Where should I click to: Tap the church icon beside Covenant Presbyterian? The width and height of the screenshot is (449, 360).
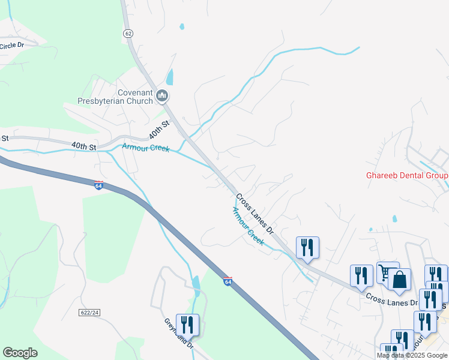point(161,95)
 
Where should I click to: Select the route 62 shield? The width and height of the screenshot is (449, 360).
point(128,34)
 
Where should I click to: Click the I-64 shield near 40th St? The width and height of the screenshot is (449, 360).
point(98,185)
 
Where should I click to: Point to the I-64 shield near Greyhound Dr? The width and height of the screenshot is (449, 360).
point(228,281)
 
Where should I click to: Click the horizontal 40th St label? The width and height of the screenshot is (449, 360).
point(83,146)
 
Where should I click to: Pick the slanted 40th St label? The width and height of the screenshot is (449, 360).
point(160,130)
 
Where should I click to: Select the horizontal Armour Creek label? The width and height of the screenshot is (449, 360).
point(145,148)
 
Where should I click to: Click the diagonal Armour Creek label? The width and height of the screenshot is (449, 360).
point(248,225)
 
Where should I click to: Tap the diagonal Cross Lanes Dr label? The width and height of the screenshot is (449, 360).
point(255,214)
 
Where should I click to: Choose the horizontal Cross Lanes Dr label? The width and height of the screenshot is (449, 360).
point(391,299)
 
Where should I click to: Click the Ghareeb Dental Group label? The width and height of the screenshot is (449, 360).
point(407,176)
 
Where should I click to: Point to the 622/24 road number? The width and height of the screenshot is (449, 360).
point(88,313)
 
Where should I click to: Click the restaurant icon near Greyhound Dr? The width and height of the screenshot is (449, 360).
point(187,325)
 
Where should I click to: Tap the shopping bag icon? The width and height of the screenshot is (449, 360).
point(399,279)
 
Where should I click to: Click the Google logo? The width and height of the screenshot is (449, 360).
point(20,353)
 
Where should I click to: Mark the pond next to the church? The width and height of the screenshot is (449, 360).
point(169,77)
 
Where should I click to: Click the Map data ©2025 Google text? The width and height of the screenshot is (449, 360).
point(412,355)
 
